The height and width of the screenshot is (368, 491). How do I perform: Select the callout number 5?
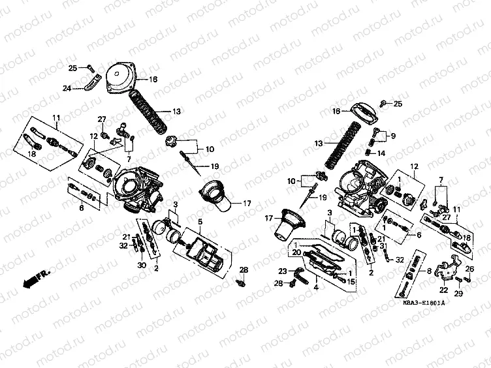[x=200, y=222]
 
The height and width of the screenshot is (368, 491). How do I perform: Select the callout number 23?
[x=283, y=271]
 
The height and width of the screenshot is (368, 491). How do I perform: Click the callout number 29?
[x=458, y=296]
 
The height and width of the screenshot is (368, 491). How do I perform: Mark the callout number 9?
[x=392, y=136]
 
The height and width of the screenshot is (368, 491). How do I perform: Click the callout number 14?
[x=382, y=155]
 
